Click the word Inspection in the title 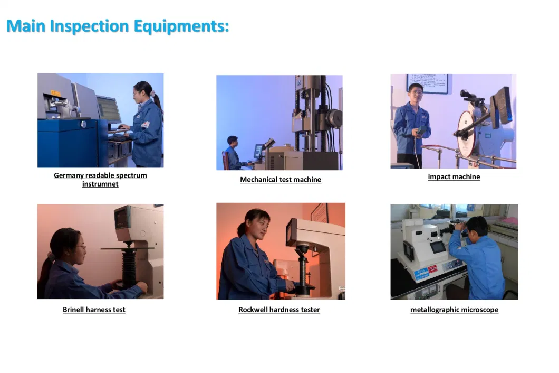(x=89, y=26)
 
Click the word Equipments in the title (x=181, y=26)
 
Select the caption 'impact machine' (x=454, y=176)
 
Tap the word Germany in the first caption (x=69, y=175)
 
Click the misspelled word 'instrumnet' (x=100, y=184)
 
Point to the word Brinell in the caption (x=73, y=310)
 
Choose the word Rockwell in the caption (x=253, y=310)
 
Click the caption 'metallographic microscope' (x=454, y=310)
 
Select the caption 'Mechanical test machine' (x=281, y=179)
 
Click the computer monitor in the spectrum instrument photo (x=109, y=109)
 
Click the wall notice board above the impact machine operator (x=427, y=83)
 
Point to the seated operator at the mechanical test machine (x=234, y=153)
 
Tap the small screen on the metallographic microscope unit (x=438, y=247)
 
